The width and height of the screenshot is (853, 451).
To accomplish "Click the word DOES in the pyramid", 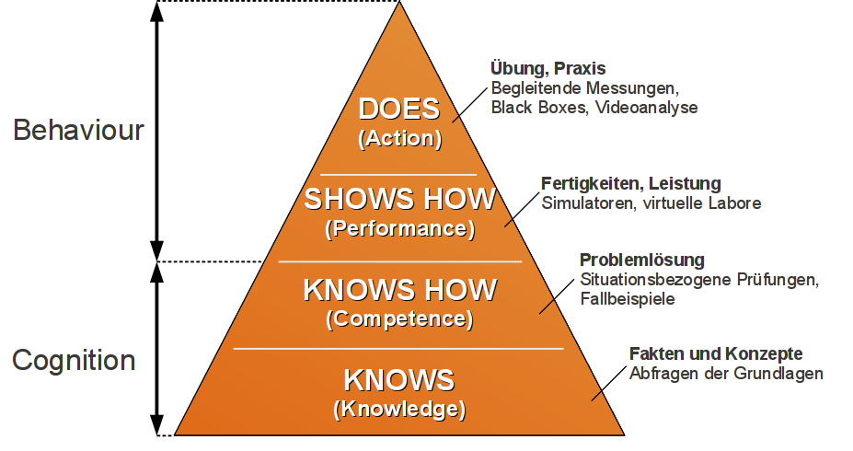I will (399, 110).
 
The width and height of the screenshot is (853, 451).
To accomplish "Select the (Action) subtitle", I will (399, 139).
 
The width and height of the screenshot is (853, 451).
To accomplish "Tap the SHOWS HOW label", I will (399, 199).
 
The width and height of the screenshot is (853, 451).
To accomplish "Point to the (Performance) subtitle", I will (399, 227).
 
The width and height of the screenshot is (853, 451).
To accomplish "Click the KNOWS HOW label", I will (399, 290).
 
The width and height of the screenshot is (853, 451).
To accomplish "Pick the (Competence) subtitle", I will (399, 319).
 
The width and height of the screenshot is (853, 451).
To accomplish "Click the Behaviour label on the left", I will (78, 130).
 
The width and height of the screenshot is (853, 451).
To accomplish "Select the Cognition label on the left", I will (74, 360).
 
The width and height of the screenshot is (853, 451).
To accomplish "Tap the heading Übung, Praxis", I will (548, 69).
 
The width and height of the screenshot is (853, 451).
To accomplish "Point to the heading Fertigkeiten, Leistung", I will (631, 184).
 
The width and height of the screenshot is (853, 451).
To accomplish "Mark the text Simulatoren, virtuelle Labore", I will (651, 203).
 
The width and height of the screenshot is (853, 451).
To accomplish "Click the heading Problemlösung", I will (642, 260).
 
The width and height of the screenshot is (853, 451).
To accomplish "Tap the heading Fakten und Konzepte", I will (716, 354).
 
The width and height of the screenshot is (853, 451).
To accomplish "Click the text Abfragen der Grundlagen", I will (726, 374).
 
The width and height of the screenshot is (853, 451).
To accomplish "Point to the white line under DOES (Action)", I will (398, 174).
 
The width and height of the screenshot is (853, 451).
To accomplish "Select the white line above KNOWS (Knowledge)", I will (398, 349).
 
